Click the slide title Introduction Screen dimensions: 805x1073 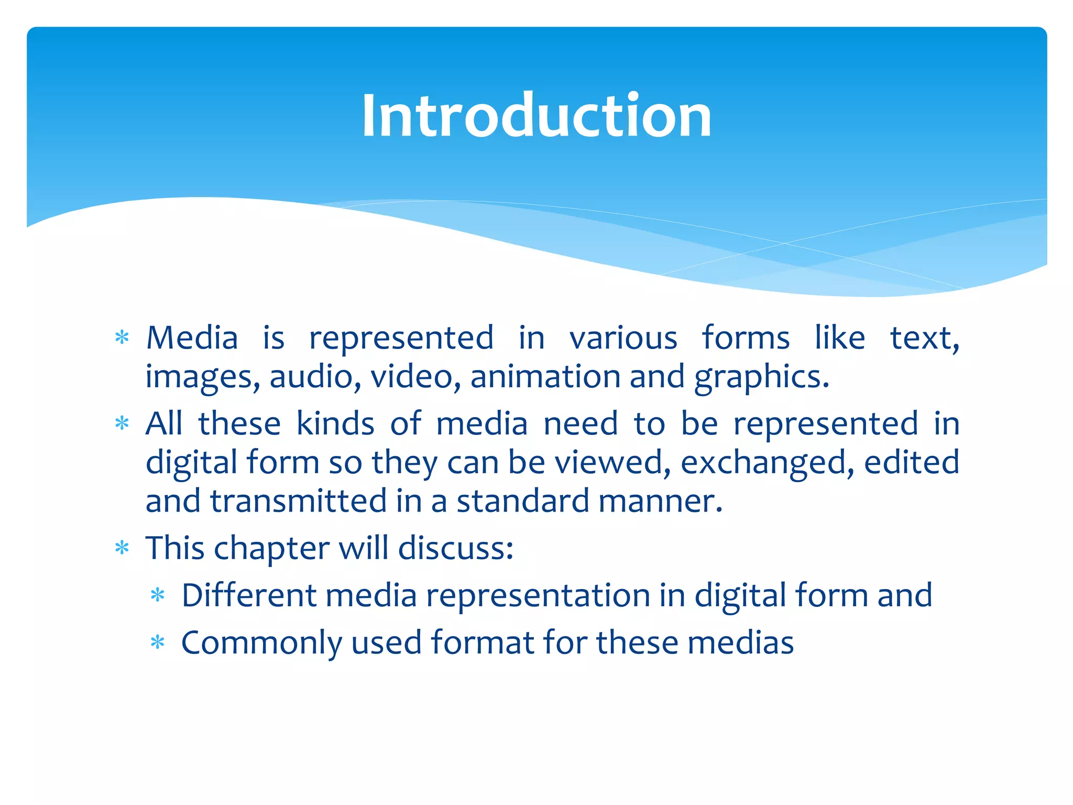[x=536, y=115]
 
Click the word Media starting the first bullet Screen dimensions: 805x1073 [x=192, y=338]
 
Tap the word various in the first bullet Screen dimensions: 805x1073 [x=623, y=338]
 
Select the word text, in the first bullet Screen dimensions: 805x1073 [x=925, y=338]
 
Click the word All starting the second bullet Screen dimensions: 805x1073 [x=163, y=423]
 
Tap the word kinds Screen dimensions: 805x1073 [x=335, y=423]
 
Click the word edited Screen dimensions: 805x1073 [x=912, y=462]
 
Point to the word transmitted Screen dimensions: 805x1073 [x=299, y=501]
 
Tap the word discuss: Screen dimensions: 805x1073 [x=455, y=548]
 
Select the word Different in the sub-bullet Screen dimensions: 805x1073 [x=249, y=595]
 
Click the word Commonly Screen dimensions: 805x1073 [x=261, y=643]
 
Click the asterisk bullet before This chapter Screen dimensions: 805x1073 [x=122, y=548]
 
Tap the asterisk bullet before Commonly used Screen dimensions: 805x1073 [x=158, y=643]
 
